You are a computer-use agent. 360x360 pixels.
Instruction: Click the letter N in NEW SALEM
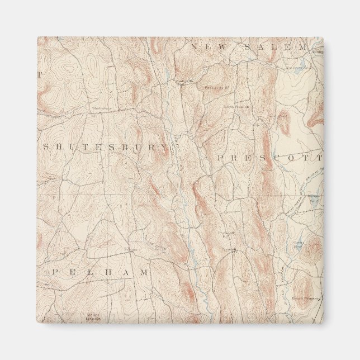193,48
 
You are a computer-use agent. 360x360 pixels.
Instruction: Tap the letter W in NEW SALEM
224,48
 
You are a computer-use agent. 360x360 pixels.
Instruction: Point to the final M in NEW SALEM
304,48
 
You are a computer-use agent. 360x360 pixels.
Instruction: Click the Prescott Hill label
226,234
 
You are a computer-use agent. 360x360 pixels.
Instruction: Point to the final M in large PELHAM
146,272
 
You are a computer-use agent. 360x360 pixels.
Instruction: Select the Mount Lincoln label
93,316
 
